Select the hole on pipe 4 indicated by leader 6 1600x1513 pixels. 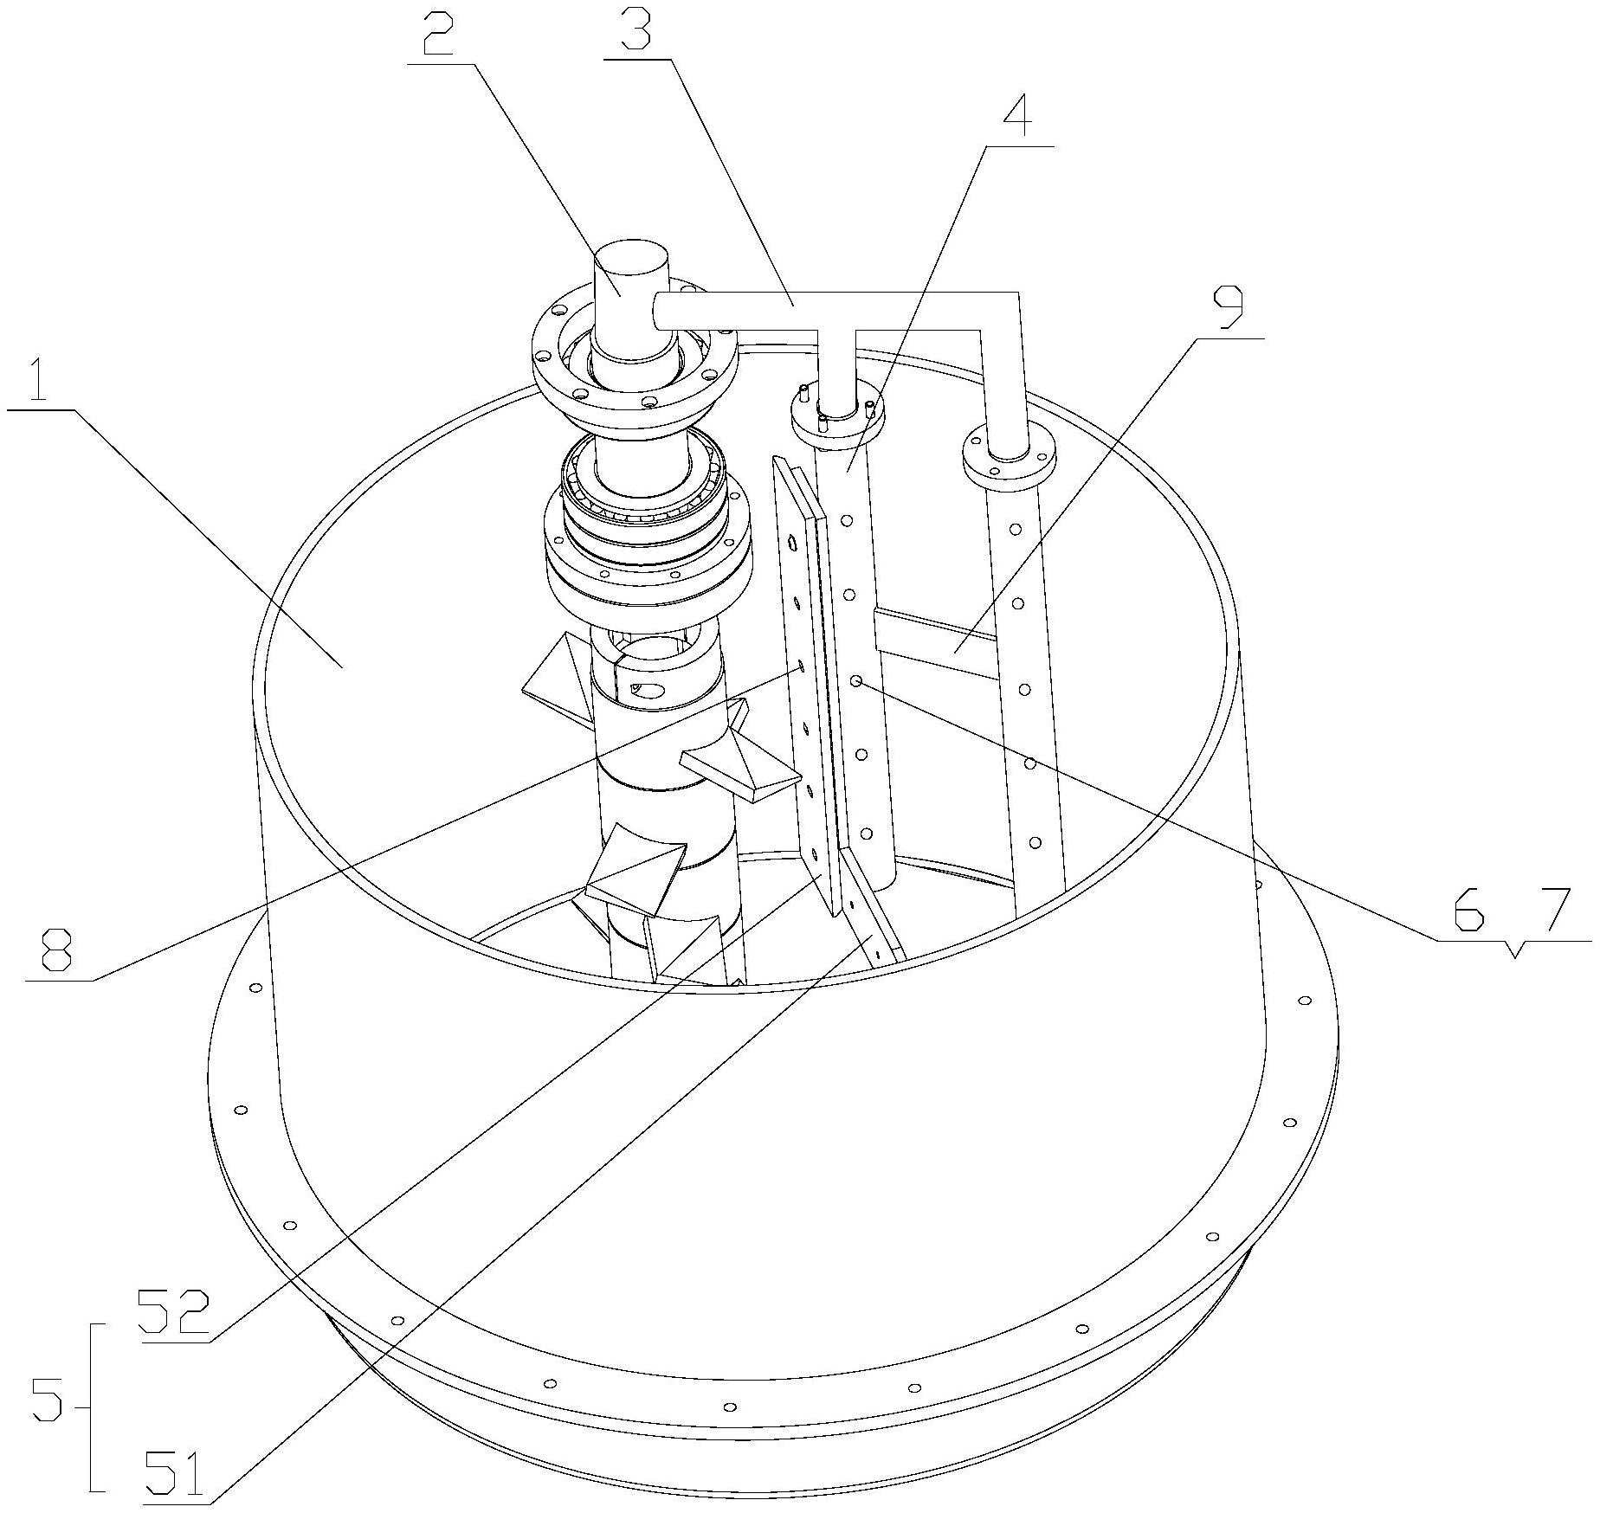(855, 682)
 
